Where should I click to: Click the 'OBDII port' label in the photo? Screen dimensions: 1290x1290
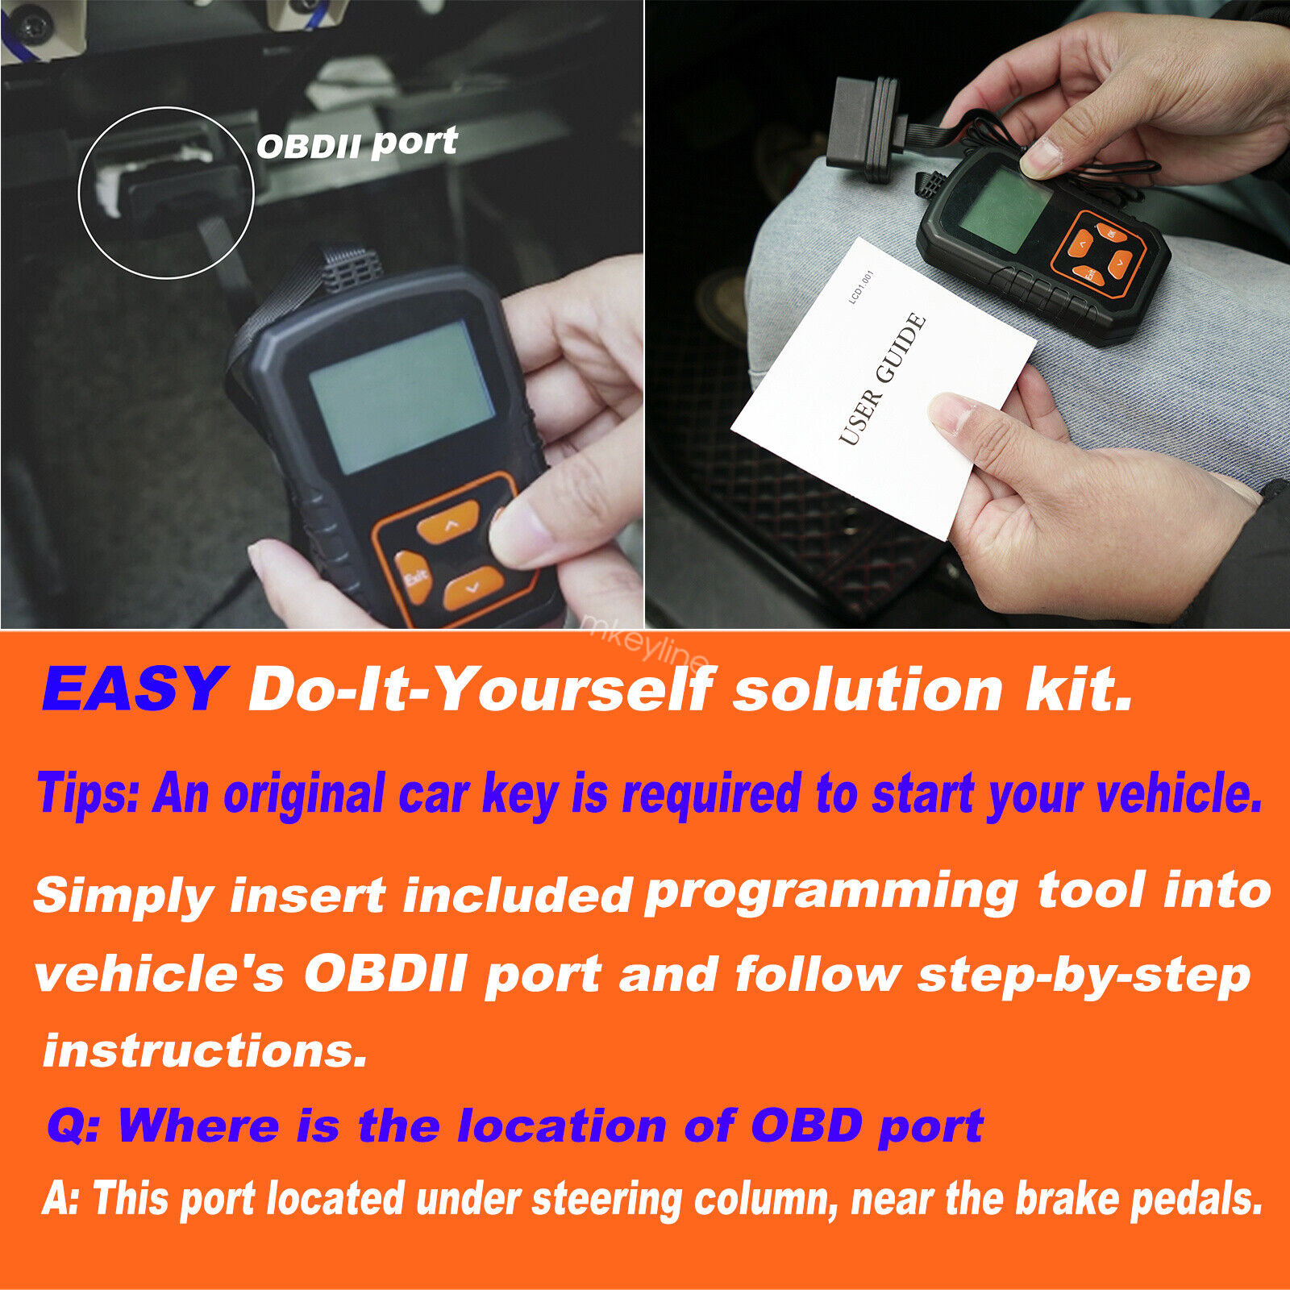pos(357,144)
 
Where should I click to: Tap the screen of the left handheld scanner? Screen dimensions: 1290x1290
pos(402,397)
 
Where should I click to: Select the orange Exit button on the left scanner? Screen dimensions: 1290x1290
pos(414,577)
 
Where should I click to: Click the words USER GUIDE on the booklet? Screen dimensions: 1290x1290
pos(882,379)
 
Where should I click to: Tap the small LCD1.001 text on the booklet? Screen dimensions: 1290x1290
pos(862,287)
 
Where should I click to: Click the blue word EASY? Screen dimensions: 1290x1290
pos(134,689)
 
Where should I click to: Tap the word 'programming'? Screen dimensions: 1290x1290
pos(831,893)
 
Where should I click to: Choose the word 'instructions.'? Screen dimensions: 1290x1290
pos(205,1051)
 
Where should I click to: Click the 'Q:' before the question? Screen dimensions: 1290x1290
pos(73,1125)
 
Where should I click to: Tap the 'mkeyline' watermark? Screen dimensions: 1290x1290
pos(645,643)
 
